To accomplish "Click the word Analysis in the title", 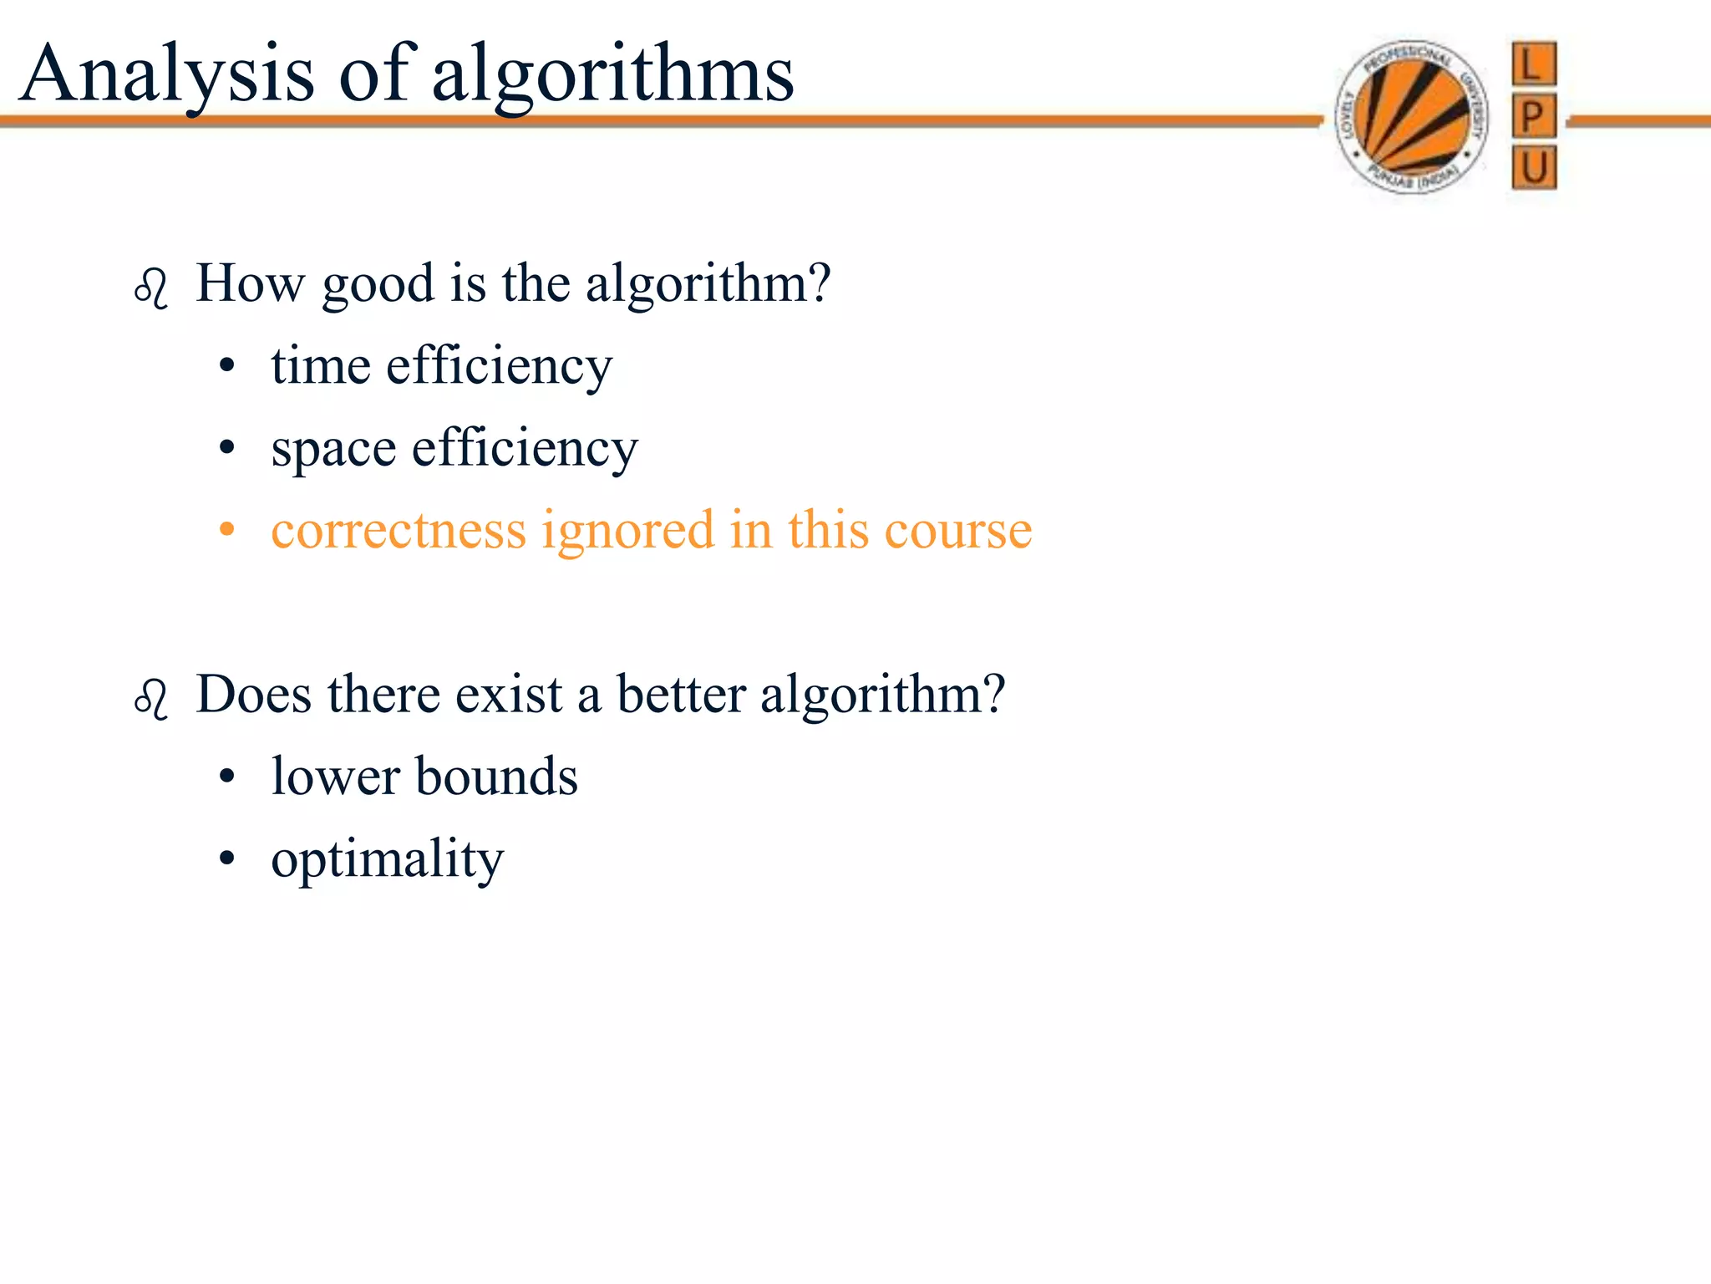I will [x=167, y=75].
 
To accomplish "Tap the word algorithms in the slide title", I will [x=612, y=77].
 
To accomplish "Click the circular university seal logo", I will [x=1411, y=117].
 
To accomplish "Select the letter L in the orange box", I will [x=1534, y=64].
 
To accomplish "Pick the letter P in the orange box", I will [x=1534, y=116].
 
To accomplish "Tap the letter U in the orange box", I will [x=1534, y=167].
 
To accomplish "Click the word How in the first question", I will [x=251, y=283].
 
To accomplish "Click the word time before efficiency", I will [x=321, y=366].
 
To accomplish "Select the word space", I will [x=333, y=450].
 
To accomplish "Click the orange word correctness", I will [x=399, y=530].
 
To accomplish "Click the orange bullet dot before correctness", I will [x=226, y=530].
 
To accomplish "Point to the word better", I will [x=681, y=694].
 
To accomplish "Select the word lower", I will [x=336, y=777].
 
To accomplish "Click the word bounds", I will [x=496, y=777].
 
